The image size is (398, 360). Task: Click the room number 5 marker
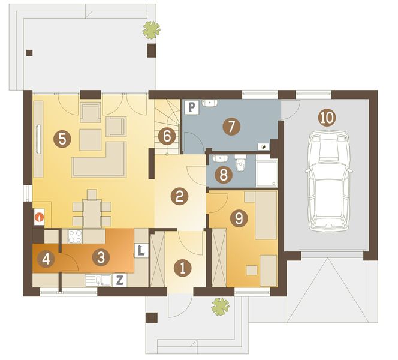[x=62, y=139]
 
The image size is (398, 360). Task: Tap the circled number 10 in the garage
[x=327, y=118]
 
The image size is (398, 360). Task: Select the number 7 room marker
[x=231, y=126]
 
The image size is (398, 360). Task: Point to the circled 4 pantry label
[x=46, y=259]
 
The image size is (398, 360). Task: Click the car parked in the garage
[x=328, y=181]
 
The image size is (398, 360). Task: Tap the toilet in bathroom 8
[x=240, y=163]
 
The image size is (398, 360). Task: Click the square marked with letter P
[x=192, y=107]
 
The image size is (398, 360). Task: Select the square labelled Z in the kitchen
[x=119, y=280]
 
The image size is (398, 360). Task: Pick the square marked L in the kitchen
[x=141, y=251]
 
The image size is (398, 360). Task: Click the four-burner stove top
[x=75, y=236]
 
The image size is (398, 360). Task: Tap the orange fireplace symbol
[x=40, y=217]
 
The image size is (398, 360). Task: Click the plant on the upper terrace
[x=151, y=30]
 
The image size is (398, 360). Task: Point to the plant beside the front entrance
[x=221, y=307]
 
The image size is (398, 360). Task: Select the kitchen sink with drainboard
[x=98, y=280]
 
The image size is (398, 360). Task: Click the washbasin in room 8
[x=220, y=158]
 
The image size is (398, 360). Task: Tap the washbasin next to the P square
[x=210, y=103]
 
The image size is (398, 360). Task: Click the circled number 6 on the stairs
[x=167, y=137]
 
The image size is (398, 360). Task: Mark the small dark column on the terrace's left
[x=29, y=53]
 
